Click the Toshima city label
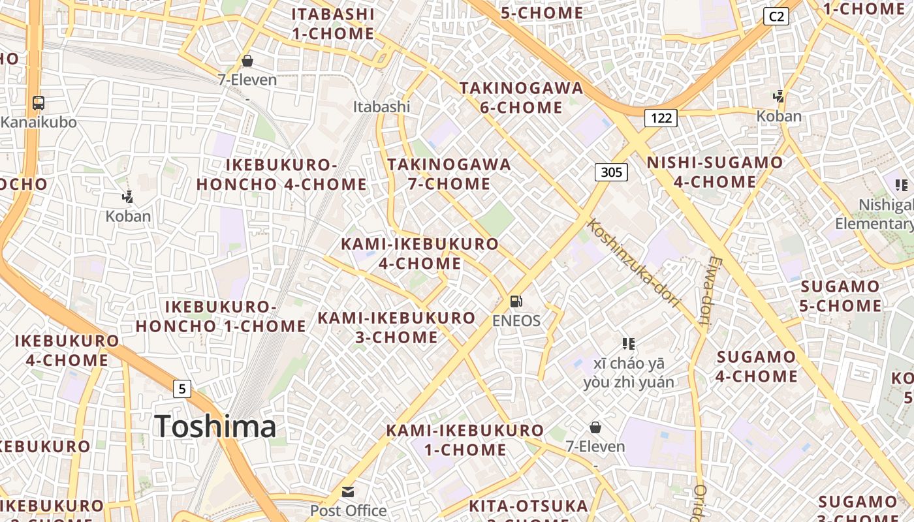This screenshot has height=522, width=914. click(215, 427)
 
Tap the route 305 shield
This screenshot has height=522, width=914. click(611, 172)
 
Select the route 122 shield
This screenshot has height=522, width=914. click(661, 118)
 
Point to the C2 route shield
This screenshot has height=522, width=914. click(776, 17)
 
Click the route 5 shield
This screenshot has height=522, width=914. click(182, 390)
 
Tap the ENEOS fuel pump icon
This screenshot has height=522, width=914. click(516, 301)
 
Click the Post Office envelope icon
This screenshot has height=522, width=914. click(348, 492)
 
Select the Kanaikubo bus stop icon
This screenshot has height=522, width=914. click(39, 103)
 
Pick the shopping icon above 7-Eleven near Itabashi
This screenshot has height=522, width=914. click(247, 61)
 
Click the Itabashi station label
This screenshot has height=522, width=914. click(381, 106)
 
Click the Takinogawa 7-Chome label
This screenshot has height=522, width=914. click(449, 174)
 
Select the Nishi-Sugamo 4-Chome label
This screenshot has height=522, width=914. click(714, 172)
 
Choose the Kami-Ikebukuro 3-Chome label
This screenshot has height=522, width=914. click(396, 328)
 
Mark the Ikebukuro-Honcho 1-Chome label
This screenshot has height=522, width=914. click(221, 316)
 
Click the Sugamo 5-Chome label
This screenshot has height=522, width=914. click(840, 296)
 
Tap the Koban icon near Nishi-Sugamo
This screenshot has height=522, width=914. click(778, 97)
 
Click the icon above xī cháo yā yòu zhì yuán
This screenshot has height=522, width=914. click(629, 344)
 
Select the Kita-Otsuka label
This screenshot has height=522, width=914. click(528, 506)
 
